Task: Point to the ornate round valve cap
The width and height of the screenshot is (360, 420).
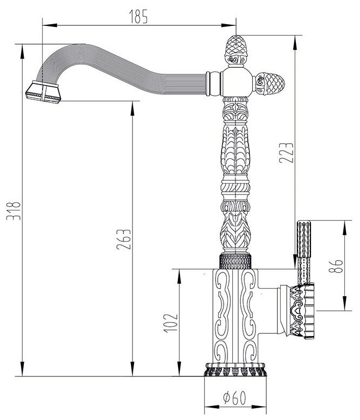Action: click(x=302, y=311)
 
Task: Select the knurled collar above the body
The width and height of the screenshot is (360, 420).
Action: click(x=236, y=261)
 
